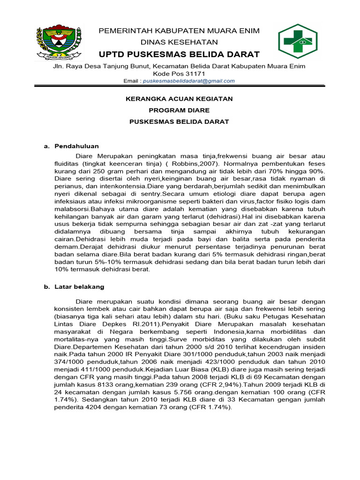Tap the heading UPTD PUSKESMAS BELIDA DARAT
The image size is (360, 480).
click(179, 54)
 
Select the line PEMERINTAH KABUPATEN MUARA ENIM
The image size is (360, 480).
click(179, 31)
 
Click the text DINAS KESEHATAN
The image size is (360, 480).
click(179, 42)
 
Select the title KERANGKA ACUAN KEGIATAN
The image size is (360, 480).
click(179, 99)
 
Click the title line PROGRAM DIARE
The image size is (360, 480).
click(179, 110)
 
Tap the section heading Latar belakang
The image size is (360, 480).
click(79, 286)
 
